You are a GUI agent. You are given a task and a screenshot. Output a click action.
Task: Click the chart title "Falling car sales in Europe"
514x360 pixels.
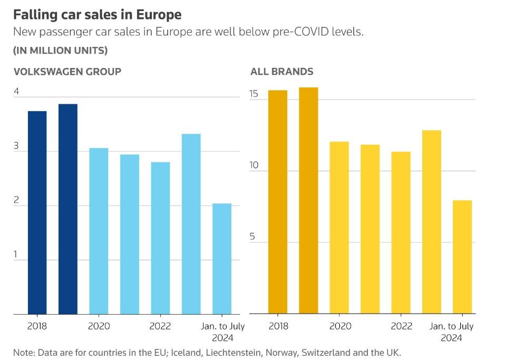click(x=97, y=14)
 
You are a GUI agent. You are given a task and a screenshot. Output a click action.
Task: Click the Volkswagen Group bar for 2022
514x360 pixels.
click(x=160, y=238)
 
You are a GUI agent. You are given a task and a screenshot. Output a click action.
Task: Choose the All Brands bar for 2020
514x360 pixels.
click(x=339, y=228)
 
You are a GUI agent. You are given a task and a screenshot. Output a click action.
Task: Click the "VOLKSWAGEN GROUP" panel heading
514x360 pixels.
click(x=67, y=72)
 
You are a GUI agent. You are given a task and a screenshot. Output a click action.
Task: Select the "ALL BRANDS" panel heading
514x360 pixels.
click(x=282, y=72)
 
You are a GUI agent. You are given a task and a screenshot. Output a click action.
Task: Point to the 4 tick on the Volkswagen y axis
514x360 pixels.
click(x=16, y=92)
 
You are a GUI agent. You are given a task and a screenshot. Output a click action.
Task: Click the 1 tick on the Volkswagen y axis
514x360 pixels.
click(x=16, y=255)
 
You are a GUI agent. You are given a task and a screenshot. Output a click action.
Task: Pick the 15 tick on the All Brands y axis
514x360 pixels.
click(x=254, y=94)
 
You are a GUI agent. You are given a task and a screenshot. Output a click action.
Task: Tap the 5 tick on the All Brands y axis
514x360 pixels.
click(x=253, y=237)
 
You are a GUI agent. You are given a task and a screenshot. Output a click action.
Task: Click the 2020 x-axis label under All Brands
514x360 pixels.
click(x=340, y=326)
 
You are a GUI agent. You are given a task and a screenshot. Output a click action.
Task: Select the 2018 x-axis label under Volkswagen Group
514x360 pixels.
click(x=37, y=326)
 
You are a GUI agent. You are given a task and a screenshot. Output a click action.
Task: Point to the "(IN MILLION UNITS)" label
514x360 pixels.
click(x=60, y=51)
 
